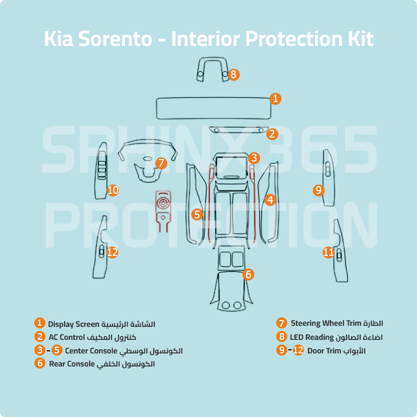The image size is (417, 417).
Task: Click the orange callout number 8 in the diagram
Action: coord(234,75)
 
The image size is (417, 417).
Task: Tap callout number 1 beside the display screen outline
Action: coord(276,98)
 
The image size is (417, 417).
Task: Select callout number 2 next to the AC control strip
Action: coord(272,134)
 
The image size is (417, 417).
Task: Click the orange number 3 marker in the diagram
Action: coord(254,157)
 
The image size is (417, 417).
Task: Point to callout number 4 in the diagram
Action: coord(269,199)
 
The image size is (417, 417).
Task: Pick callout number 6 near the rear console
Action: coord(249,274)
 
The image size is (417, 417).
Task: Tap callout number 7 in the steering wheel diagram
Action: coord(161,163)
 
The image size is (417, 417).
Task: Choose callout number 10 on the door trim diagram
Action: coord(113,190)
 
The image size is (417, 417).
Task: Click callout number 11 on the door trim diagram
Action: coord(328,252)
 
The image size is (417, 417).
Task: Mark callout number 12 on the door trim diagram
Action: coord(113,252)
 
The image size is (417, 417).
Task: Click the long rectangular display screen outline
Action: coord(214,108)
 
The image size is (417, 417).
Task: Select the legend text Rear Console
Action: coord(72,364)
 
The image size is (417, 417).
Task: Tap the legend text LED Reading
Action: coord(312,337)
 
